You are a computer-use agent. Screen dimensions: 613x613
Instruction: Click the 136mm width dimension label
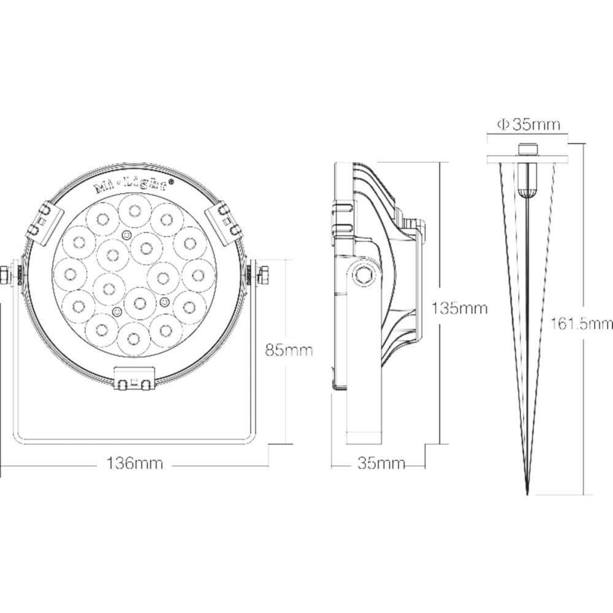pos(135,464)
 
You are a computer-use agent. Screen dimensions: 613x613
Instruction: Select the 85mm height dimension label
pos(289,350)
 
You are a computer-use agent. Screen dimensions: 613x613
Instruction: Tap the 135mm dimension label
pos(460,308)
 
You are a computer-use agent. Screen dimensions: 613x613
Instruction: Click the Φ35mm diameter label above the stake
pos(528,125)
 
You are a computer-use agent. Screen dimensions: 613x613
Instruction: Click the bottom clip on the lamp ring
pos(134,379)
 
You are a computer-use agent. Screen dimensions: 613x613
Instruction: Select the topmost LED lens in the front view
pos(134,210)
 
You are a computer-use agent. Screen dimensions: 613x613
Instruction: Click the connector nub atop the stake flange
pos(527,149)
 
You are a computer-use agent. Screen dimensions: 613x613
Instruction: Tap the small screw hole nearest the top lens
pos(126,235)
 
